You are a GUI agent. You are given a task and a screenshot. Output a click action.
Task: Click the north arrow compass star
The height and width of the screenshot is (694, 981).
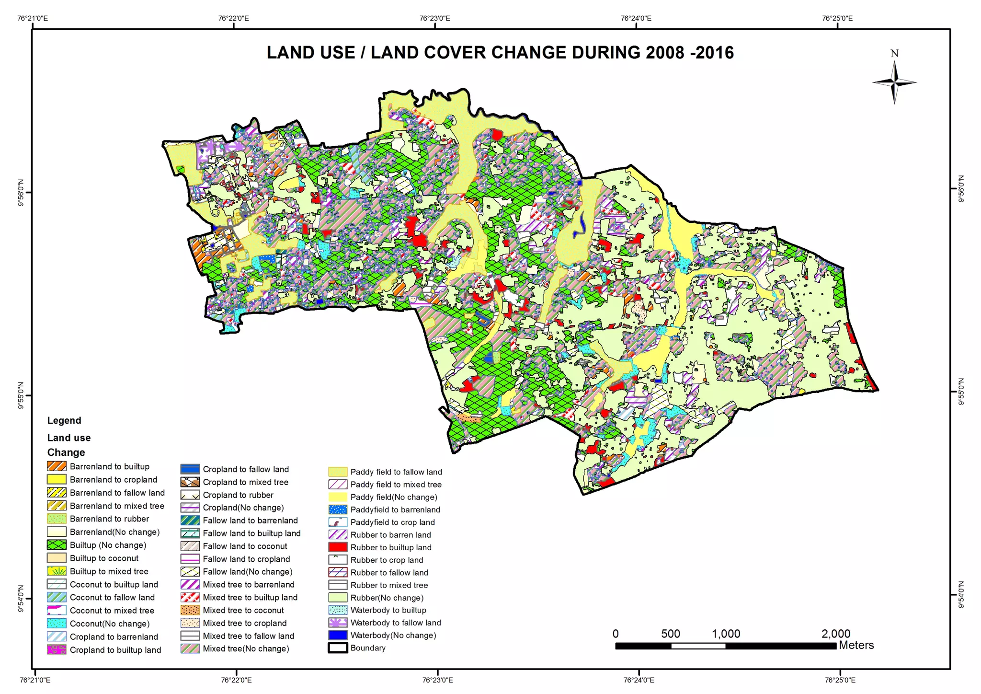[894, 82]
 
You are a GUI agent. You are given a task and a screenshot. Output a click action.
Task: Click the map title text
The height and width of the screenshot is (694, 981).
[500, 53]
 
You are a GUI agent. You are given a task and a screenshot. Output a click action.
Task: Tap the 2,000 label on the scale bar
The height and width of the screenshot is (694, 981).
[835, 634]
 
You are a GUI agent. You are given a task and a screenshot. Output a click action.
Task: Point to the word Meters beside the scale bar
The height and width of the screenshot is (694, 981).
[856, 645]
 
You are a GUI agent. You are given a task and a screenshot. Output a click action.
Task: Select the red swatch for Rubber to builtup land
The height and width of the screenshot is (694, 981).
[338, 547]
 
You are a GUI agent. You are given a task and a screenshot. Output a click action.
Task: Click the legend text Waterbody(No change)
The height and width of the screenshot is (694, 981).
[393, 635]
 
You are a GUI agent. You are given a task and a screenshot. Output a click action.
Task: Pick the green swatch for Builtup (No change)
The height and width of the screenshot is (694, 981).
[57, 545]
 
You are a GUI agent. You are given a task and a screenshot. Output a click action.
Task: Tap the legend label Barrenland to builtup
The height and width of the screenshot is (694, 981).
[109, 466]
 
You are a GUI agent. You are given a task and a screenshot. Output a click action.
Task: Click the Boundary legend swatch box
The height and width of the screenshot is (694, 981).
[338, 648]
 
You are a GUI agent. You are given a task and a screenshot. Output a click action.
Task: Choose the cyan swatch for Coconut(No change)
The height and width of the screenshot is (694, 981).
[57, 624]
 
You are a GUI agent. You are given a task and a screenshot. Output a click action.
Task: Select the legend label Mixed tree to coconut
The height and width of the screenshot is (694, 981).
[243, 610]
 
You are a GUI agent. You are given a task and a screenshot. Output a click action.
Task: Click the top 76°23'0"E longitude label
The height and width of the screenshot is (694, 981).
[434, 18]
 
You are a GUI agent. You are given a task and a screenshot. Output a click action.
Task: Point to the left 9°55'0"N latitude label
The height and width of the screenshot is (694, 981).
[21, 395]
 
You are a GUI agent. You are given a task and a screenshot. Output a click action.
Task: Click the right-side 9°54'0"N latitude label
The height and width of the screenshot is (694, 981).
[960, 595]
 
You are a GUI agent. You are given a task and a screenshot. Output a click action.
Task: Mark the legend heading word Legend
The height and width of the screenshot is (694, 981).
[64, 420]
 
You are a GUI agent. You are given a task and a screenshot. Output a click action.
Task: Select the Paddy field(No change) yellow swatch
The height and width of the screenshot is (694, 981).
[338, 497]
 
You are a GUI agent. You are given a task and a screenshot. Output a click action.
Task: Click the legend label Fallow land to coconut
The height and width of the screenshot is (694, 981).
[245, 546]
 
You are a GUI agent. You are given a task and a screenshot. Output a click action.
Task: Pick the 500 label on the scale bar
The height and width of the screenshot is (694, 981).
[670, 634]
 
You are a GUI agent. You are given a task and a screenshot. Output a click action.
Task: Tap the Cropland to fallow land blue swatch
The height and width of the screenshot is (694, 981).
[190, 469]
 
